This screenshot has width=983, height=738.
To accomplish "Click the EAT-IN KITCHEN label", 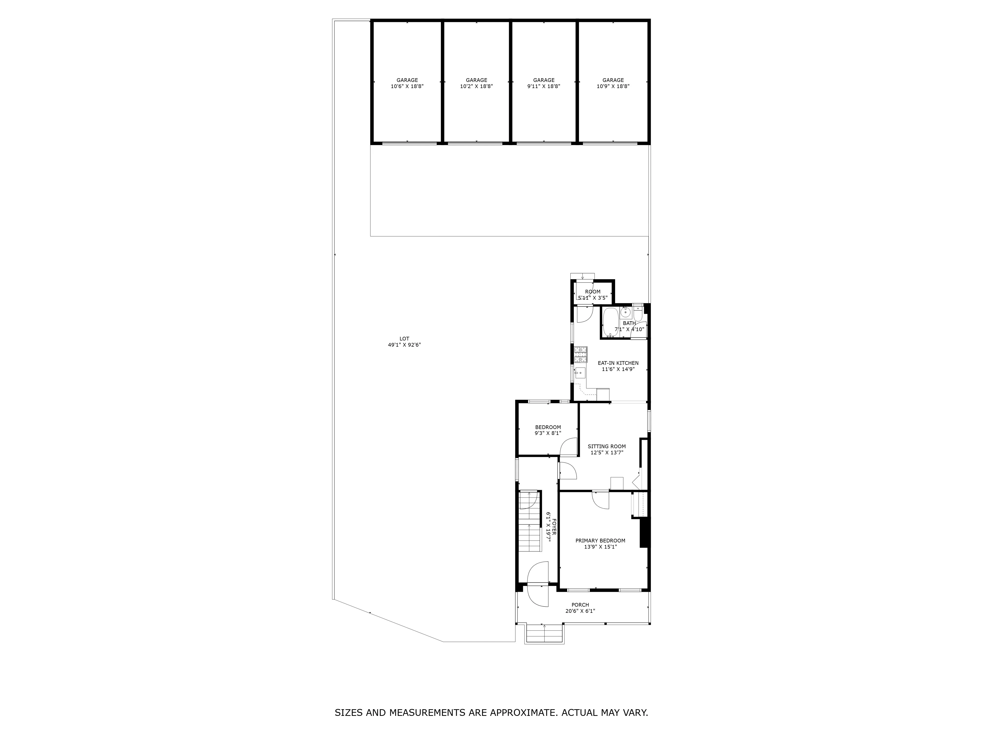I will pos(618,363).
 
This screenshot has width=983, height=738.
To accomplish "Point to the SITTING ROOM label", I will pos(607,447).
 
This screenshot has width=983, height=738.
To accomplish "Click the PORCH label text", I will pos(580,605).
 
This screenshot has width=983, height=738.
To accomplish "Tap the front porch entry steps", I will pos(544,633).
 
